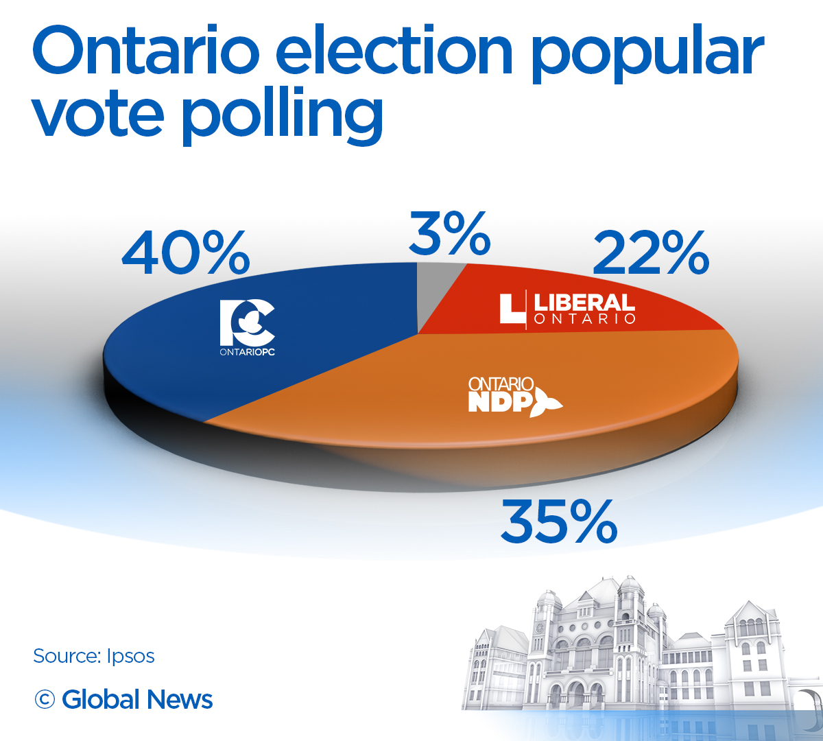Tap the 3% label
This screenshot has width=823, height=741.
pos(449,234)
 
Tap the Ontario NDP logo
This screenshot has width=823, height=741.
pos(514,395)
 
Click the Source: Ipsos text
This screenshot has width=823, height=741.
pos(94,656)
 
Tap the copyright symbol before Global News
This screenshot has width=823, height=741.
pos(45,700)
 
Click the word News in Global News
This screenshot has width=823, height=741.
pos(180,700)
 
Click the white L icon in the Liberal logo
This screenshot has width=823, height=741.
pos(511,309)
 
